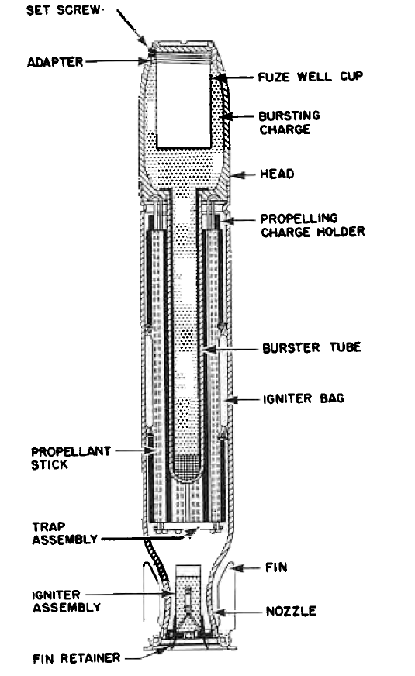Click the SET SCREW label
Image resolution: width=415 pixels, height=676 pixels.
coord(64,10)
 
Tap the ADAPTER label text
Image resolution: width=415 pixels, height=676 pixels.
coord(55,62)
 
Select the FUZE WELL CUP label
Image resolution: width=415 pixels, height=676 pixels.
coord(310,77)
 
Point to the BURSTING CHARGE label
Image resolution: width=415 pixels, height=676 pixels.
coord(289,122)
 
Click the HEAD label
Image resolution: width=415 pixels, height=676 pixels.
coord(277,174)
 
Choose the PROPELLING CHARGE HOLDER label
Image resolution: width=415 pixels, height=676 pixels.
coord(313,225)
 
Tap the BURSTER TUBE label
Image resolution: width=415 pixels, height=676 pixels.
coord(312,347)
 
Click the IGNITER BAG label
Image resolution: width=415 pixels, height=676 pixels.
coord(304,398)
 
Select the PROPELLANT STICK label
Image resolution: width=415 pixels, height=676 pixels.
coord(71,458)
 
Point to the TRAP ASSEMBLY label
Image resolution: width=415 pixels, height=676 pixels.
coord(64,533)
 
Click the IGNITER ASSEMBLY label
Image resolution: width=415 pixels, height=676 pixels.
coord(67,601)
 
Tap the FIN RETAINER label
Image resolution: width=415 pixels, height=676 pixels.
coord(76,658)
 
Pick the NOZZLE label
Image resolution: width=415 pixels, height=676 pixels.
coord(291,611)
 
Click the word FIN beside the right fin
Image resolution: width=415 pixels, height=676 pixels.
coord(276,567)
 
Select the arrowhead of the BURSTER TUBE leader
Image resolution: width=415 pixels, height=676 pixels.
coord(208,349)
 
